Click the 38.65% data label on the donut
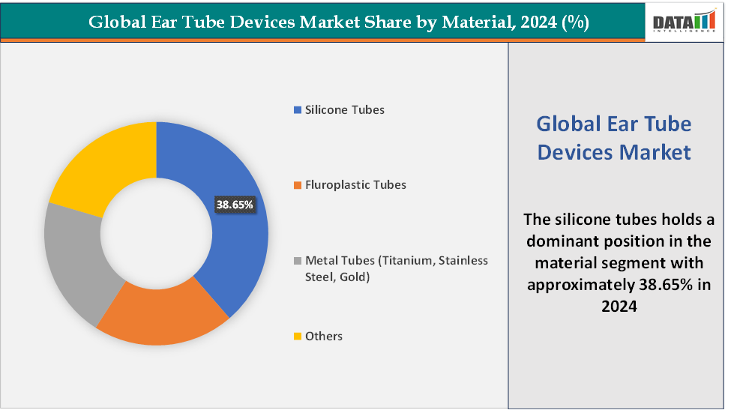(235, 204)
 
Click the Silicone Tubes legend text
(344, 109)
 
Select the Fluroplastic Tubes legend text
(355, 184)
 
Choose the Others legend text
(323, 336)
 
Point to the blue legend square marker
(298, 110)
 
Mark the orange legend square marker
(298, 185)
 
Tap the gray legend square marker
(298, 261)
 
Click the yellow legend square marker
(298, 337)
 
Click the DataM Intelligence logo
(685, 22)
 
